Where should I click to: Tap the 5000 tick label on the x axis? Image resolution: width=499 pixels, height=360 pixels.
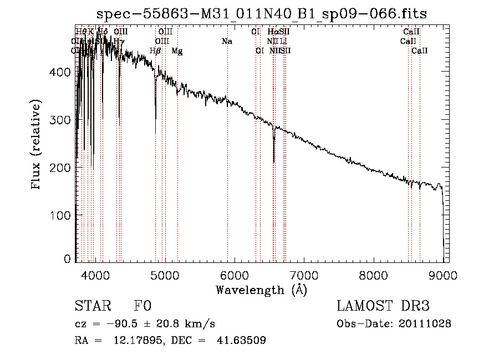pyautogui.click(x=165, y=275)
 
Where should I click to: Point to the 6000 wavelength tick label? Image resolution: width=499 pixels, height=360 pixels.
pyautogui.click(x=235, y=275)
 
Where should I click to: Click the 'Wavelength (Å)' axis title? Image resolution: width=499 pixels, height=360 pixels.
pyautogui.click(x=261, y=290)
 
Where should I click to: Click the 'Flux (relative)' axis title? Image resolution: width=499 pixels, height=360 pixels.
pyautogui.click(x=37, y=146)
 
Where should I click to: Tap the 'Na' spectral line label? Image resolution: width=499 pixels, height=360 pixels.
pyautogui.click(x=226, y=41)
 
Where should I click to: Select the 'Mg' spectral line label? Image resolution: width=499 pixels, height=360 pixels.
pyautogui.click(x=177, y=51)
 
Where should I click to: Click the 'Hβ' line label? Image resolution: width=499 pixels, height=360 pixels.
pyautogui.click(x=155, y=51)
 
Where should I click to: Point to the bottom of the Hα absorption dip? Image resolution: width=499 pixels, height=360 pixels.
pyautogui.click(x=274, y=161)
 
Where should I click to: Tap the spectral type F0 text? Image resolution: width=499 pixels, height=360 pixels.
pyautogui.click(x=142, y=306)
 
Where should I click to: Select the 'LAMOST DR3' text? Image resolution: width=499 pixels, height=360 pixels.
pyautogui.click(x=383, y=306)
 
